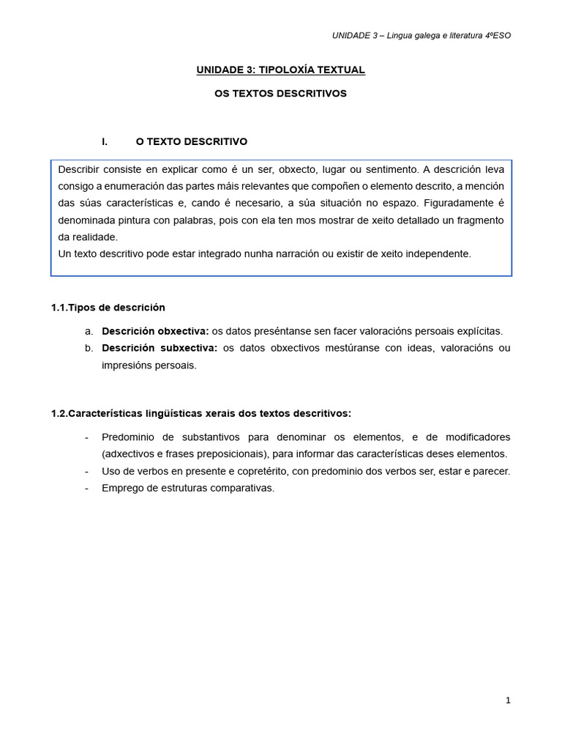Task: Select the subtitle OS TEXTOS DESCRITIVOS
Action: coord(280,94)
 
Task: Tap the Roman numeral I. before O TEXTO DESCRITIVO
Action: coord(105,141)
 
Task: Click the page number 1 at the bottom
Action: coord(508,700)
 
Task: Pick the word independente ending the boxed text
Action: coord(441,253)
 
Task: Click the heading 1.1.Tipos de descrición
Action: coord(108,307)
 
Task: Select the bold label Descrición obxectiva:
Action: coord(155,331)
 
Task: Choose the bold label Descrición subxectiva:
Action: coord(160,348)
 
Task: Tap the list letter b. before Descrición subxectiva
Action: coord(89,348)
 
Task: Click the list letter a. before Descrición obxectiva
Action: coord(89,331)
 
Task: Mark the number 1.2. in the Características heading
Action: coord(59,413)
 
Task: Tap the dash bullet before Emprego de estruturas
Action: coord(87,488)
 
